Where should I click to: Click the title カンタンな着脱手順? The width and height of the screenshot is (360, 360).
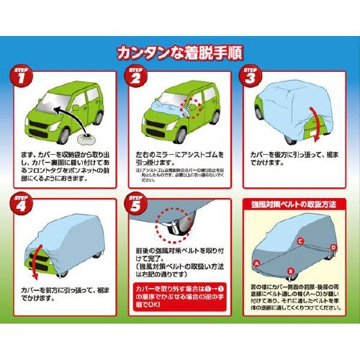click(x=179, y=52)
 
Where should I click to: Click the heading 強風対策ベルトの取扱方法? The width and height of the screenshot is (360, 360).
click(x=294, y=204)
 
